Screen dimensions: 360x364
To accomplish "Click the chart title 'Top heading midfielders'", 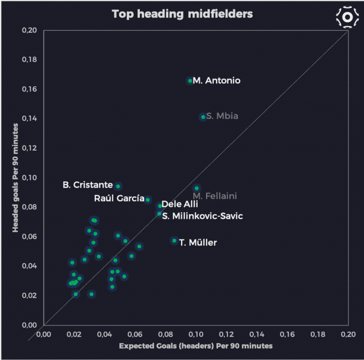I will pyautogui.click(x=182, y=14).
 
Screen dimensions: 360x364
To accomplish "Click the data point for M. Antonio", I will pyautogui.click(x=190, y=81).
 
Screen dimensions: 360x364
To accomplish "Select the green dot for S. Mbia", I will pyautogui.click(x=203, y=117).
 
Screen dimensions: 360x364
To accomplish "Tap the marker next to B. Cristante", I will pyautogui.click(x=118, y=186).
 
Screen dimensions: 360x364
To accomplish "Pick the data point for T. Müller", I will pyautogui.click(x=174, y=241).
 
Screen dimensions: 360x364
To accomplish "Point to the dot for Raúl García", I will pyautogui.click(x=148, y=200).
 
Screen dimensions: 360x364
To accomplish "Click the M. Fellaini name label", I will pyautogui.click(x=215, y=196).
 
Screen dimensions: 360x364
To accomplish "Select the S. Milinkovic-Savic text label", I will pyautogui.click(x=202, y=216).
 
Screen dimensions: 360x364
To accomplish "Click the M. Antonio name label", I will pyautogui.click(x=217, y=81).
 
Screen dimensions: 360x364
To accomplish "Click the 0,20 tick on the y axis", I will pyautogui.click(x=29, y=31).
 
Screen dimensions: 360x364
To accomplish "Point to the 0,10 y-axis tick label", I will pyautogui.click(x=29, y=178).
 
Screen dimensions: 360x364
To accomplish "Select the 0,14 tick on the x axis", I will pyautogui.click(x=257, y=334).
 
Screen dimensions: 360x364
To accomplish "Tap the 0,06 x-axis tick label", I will pyautogui.click(x=135, y=334).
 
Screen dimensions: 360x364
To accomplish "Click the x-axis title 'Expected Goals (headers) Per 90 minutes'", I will pyautogui.click(x=196, y=346).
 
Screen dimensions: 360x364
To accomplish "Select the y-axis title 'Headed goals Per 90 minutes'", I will pyautogui.click(x=16, y=178).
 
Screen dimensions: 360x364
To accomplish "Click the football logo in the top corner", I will pyautogui.click(x=347, y=17).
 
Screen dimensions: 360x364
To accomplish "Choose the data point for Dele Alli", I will pyautogui.click(x=160, y=206).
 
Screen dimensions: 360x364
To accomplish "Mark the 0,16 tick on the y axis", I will pyautogui.click(x=29, y=89).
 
